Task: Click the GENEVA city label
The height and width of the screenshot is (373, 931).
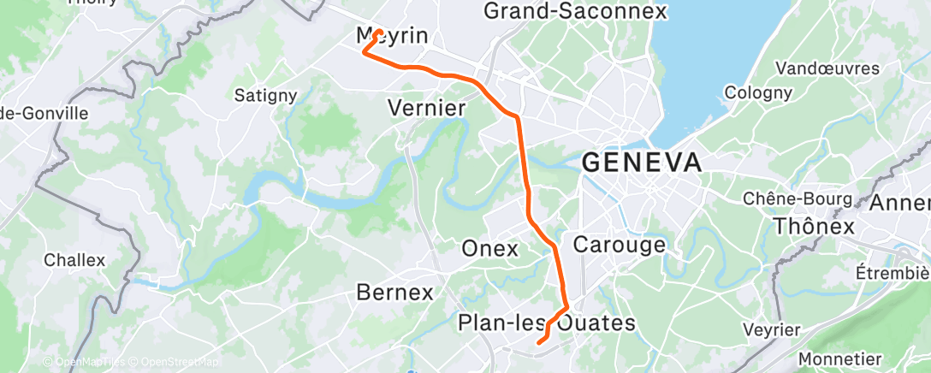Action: [642, 163]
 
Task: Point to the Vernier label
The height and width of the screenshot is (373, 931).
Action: [426, 108]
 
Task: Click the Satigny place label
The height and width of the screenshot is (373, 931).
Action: [266, 95]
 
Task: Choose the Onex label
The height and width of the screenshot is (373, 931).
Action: [489, 249]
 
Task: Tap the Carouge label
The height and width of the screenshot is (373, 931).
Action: [619, 245]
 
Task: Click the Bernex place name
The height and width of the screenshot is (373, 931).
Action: [394, 293]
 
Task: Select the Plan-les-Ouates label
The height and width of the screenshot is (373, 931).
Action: [547, 323]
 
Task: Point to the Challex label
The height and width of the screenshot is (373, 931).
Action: [74, 259]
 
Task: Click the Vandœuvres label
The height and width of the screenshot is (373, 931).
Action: [827, 68]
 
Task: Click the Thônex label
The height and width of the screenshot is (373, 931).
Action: [813, 227]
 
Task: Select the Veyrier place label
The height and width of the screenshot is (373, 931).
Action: [772, 329]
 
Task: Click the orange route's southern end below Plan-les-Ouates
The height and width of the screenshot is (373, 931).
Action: [538, 342]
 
